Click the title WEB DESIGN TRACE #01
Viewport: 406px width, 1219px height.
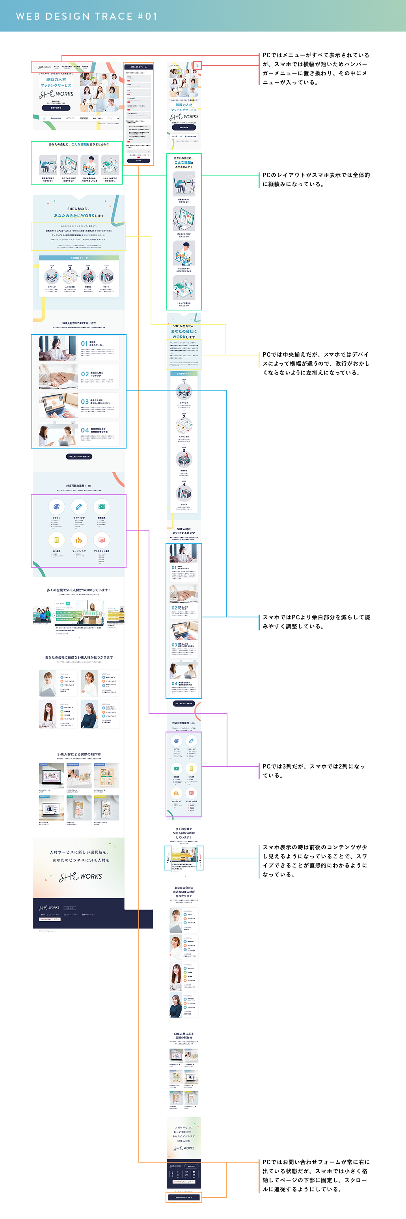86,16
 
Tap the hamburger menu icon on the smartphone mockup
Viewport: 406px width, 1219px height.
197,65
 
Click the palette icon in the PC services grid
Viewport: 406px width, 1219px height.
56,507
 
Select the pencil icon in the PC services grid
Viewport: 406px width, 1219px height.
79,507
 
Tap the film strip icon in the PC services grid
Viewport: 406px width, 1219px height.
101,507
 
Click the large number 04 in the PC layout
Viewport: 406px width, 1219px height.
85,430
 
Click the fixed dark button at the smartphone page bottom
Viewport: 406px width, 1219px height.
184,1197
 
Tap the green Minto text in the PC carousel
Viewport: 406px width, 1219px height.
93,612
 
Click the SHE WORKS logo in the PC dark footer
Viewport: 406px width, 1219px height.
49,908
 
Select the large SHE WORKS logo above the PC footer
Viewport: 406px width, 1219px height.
80,877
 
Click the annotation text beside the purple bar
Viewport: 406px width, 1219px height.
314,771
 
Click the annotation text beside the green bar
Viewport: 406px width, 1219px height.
316,179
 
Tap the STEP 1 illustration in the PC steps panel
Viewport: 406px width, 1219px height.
52,277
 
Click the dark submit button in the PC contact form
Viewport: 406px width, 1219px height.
138,161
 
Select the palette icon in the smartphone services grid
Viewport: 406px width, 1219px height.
176,741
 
